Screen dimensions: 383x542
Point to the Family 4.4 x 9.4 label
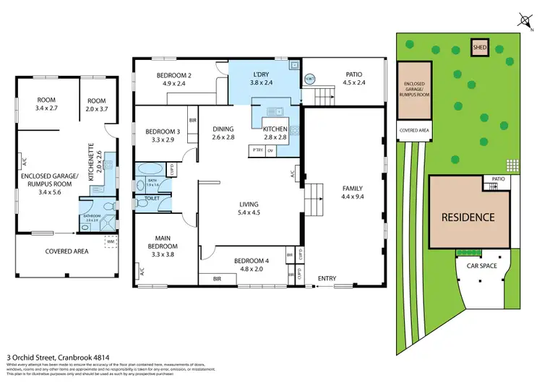tap(352, 194)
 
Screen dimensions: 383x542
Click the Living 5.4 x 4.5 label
tap(249, 210)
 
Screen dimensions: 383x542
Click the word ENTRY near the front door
tap(327, 278)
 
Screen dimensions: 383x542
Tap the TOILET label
tap(152, 197)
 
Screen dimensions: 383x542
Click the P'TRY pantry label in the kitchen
tap(257, 150)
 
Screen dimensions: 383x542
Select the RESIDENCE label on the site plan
tap(468, 217)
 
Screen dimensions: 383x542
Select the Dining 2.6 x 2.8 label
tap(223, 134)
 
